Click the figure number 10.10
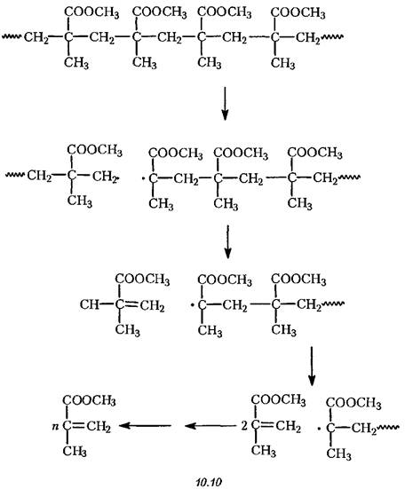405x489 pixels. (x=209, y=482)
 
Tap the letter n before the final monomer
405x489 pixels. (x=55, y=426)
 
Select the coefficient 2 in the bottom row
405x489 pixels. (x=244, y=425)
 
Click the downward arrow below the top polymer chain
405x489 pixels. (x=225, y=103)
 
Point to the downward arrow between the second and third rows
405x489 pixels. (x=227, y=241)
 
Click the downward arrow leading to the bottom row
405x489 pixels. (x=312, y=366)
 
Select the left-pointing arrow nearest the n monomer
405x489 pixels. (x=145, y=425)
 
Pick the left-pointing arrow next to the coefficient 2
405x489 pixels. (x=210, y=425)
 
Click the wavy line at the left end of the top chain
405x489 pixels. (x=12, y=36)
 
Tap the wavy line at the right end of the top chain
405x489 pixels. (x=332, y=36)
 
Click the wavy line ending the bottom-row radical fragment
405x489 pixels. (x=388, y=428)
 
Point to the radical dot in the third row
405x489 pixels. (x=193, y=304)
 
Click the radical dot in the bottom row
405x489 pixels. (x=319, y=430)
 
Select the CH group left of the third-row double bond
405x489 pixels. (x=89, y=304)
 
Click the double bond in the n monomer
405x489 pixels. (x=78, y=425)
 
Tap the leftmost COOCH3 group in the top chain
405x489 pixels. (x=91, y=12)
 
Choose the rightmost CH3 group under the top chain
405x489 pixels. (x=282, y=63)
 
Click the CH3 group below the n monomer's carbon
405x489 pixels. (x=75, y=451)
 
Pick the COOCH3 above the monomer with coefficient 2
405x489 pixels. (x=278, y=400)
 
